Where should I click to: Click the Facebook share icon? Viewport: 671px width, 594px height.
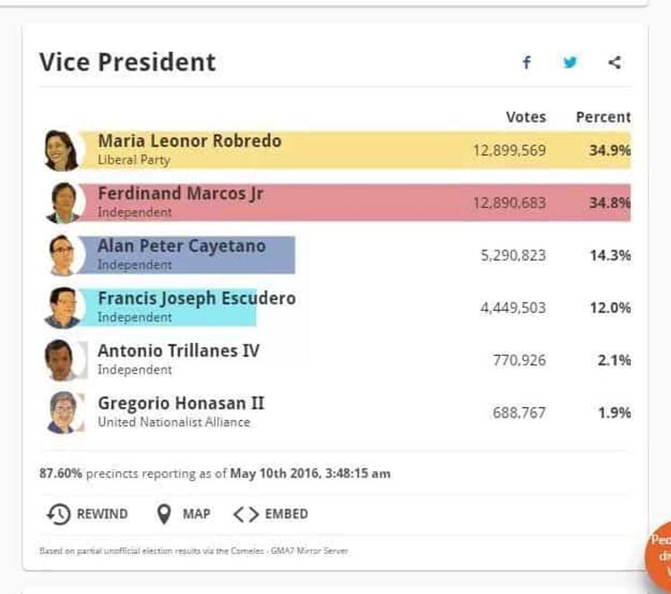(x=526, y=62)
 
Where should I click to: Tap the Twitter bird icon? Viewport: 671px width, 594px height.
(x=570, y=62)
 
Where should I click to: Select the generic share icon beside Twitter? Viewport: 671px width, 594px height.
(x=614, y=62)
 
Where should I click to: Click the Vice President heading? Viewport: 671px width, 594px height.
(x=128, y=62)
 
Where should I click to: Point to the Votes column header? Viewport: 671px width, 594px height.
(x=525, y=117)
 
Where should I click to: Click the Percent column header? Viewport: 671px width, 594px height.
(x=603, y=117)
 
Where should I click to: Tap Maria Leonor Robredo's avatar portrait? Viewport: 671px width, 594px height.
(x=62, y=150)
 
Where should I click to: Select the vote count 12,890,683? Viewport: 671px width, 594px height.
(x=509, y=203)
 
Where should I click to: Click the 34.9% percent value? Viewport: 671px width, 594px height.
(x=609, y=150)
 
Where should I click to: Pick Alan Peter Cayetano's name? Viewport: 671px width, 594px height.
(x=182, y=246)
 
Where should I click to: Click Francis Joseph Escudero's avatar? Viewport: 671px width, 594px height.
(x=62, y=308)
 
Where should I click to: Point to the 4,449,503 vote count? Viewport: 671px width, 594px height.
(x=513, y=308)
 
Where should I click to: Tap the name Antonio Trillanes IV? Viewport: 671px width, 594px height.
(x=179, y=351)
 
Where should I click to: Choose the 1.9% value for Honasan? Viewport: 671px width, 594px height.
(x=614, y=413)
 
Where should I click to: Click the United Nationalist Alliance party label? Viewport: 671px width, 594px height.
(x=174, y=423)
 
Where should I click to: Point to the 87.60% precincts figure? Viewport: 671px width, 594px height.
(x=61, y=474)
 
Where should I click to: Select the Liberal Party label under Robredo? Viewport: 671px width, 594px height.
(x=134, y=160)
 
